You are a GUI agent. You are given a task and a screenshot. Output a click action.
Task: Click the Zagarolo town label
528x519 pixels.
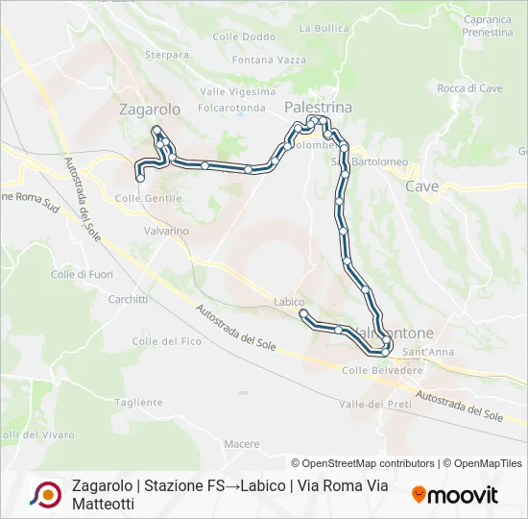[149, 110]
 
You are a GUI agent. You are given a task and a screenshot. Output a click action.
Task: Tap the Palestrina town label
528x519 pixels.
[319, 107]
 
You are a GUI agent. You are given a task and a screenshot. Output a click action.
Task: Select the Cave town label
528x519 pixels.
[422, 185]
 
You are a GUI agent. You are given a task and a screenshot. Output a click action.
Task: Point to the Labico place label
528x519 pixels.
[288, 302]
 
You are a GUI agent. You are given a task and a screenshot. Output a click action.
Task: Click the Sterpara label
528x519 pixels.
[167, 55]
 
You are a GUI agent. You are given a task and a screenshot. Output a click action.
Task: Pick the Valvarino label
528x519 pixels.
[165, 231]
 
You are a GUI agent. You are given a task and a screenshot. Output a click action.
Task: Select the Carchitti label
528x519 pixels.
[128, 299]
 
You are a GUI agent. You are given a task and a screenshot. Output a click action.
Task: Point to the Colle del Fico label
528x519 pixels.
[166, 341]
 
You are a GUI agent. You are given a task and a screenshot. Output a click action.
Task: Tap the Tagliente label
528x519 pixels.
[143, 403]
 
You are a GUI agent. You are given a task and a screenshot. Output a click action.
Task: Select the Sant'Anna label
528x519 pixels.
[429, 352]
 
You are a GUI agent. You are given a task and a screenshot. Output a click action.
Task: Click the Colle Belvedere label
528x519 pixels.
[382, 370]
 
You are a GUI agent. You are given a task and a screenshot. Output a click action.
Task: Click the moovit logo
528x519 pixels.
[455, 495]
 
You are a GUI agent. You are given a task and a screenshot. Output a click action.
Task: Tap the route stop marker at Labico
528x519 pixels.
[303, 313]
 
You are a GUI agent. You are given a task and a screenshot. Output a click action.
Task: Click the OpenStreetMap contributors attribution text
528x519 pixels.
[363, 463]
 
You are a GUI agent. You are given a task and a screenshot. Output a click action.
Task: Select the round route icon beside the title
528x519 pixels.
[45, 494]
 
